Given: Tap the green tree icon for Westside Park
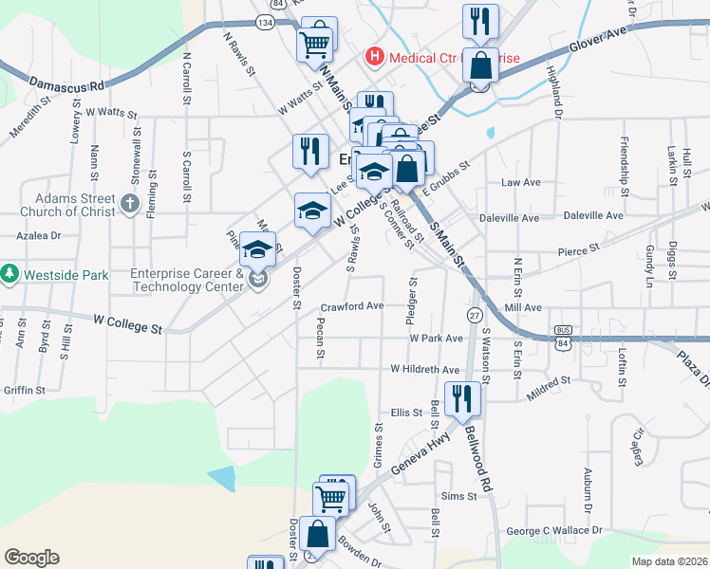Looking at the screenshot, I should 10,275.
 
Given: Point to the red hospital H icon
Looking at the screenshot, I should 375,58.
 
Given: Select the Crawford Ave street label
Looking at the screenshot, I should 351,306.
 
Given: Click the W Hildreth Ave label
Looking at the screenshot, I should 425,369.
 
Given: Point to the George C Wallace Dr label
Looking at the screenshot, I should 550,531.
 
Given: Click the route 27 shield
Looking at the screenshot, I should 474,314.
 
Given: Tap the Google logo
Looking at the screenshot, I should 31,558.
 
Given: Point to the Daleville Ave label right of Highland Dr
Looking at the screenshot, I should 593,216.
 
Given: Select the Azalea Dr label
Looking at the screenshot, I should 38,235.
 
